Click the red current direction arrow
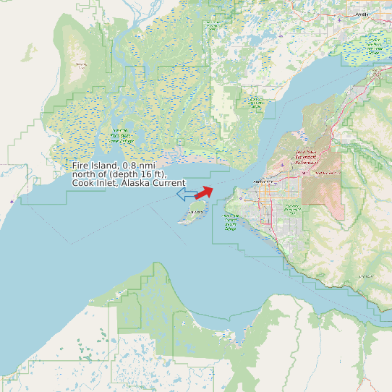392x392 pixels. point(204,192)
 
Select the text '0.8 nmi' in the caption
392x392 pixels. point(140,166)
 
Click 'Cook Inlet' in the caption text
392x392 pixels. point(93,184)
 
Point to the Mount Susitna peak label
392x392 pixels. point(80,66)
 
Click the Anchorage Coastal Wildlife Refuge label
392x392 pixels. point(231,222)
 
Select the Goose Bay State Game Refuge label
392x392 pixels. point(256,102)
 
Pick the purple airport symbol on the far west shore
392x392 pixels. point(11,200)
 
